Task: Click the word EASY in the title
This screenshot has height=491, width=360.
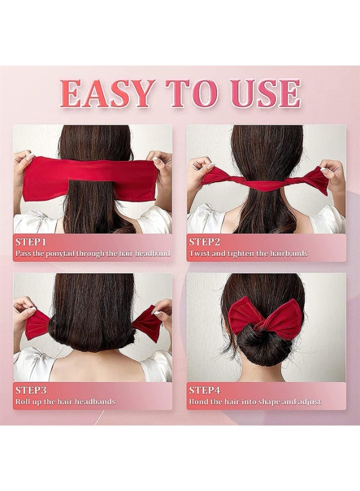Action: coord(107,93)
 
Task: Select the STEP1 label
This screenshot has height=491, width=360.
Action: coord(31,242)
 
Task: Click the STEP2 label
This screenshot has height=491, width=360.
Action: coord(205,242)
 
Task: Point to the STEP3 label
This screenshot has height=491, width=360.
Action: coord(31,390)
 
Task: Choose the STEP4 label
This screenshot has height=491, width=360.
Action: coord(205,390)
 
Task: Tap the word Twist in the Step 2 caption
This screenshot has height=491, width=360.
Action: coord(200,253)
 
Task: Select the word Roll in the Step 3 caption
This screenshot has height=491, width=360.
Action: coord(22,402)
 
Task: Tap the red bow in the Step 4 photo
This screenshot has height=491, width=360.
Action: coord(265,315)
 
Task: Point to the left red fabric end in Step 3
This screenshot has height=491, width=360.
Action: coord(36,325)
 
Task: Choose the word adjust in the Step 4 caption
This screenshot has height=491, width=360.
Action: coord(310,402)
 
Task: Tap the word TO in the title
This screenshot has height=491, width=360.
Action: coord(191,93)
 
